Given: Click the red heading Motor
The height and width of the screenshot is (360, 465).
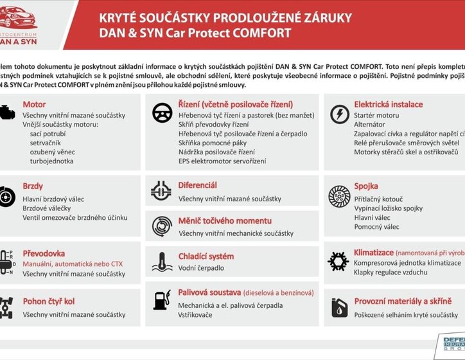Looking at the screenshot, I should (x=34, y=104).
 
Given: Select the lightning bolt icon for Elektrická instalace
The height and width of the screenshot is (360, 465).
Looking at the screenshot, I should (x=338, y=114).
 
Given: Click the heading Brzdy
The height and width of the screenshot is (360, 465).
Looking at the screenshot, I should (x=33, y=186).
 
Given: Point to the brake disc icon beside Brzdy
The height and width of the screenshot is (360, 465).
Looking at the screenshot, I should (x=4, y=196).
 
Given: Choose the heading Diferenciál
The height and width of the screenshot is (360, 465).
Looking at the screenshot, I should (x=197, y=185).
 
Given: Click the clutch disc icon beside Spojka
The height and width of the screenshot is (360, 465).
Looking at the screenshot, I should (x=338, y=196).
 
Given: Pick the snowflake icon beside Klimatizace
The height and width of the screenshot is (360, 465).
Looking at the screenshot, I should (x=338, y=260).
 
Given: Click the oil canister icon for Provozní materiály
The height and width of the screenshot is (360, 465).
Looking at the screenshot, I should (x=338, y=308).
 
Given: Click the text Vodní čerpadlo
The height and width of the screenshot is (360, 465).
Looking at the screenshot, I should (x=201, y=268).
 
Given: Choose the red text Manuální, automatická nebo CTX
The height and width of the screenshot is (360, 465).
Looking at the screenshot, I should (x=72, y=264).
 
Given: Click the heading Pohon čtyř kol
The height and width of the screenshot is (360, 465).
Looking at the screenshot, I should (x=48, y=301).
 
